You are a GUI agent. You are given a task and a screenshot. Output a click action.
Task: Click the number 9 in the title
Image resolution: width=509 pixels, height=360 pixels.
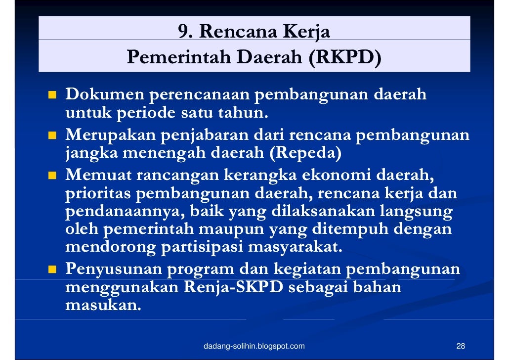coord(184,32)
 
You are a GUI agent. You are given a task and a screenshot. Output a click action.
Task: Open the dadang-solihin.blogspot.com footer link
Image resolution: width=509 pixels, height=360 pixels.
coord(254,346)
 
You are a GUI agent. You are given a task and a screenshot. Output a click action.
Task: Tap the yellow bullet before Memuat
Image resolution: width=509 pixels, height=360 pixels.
coord(51,175)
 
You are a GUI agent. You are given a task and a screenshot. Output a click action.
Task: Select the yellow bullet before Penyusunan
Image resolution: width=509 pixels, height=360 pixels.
coord(51,270)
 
